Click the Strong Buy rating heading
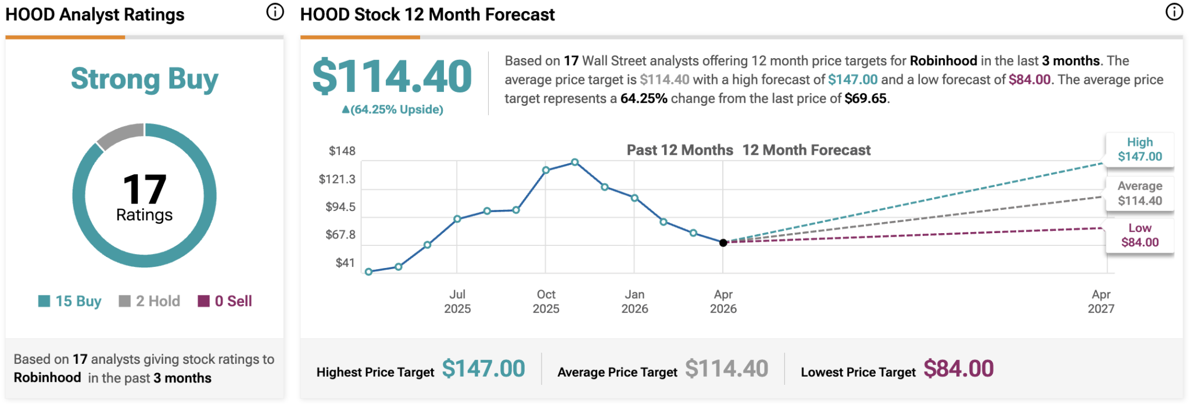pyautogui.click(x=144, y=79)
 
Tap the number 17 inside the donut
pyautogui.click(x=144, y=189)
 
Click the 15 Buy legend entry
pyautogui.click(x=70, y=301)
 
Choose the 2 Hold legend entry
pyautogui.click(x=149, y=301)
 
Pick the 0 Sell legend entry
pyautogui.click(x=225, y=301)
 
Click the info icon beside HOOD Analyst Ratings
pyautogui.click(x=275, y=12)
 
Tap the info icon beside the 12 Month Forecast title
pyautogui.click(x=1174, y=12)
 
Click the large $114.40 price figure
pyautogui.click(x=392, y=77)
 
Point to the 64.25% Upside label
pyautogui.click(x=393, y=109)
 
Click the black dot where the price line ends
pyautogui.click(x=723, y=243)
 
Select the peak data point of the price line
pyautogui.click(x=575, y=162)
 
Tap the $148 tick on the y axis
pyautogui.click(x=342, y=151)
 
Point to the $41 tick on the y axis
pyautogui.click(x=345, y=263)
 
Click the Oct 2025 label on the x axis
pyautogui.click(x=546, y=302)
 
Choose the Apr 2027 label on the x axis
pyautogui.click(x=1101, y=302)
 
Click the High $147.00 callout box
pyautogui.click(x=1139, y=149)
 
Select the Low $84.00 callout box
pyautogui.click(x=1139, y=235)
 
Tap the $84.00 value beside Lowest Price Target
pyautogui.click(x=958, y=369)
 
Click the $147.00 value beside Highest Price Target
pyautogui.click(x=483, y=369)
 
